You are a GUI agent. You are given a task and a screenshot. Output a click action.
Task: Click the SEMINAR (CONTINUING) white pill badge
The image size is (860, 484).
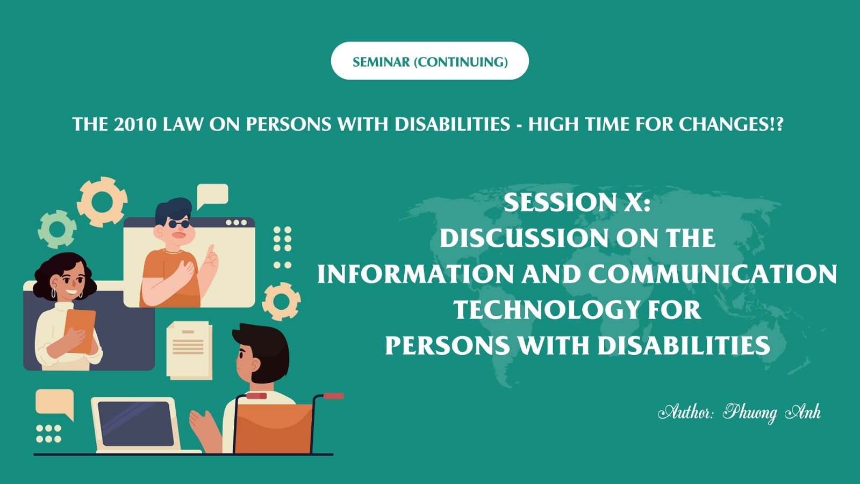coord(429,61)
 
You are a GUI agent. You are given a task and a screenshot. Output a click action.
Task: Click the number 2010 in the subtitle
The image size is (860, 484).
coord(135,124)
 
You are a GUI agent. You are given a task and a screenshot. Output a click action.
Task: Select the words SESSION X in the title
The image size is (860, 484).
coord(577,202)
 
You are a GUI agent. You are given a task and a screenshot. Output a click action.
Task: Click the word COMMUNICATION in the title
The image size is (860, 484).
coord(712,274)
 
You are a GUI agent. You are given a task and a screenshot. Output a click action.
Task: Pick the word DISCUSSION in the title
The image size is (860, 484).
coord(524,238)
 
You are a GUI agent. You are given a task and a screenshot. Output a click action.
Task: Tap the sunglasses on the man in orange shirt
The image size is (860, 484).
coord(179,224)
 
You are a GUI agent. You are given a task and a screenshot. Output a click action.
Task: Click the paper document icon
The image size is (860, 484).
coord(189,350)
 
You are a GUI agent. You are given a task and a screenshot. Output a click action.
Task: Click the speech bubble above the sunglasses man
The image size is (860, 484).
coord(212,195)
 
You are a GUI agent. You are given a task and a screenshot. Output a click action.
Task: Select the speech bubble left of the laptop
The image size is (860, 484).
coord(54,403)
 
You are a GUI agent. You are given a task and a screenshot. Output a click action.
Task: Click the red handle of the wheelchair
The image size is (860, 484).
coord(333,396)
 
